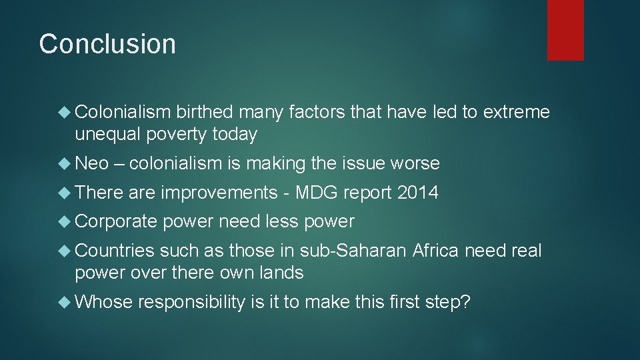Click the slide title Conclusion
click(x=107, y=44)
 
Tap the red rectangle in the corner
click(x=565, y=29)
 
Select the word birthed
click(x=205, y=113)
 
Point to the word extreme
click(x=517, y=113)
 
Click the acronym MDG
click(x=317, y=193)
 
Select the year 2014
click(x=417, y=193)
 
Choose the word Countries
click(x=115, y=251)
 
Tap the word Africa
click(x=436, y=251)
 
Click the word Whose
click(x=104, y=301)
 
